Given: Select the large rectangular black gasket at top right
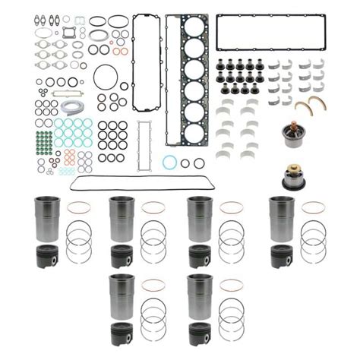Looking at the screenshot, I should point(270,32).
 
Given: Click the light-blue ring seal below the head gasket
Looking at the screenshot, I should point(170,162).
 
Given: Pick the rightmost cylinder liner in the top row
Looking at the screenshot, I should point(281,219).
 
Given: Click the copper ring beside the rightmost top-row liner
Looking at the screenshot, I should point(313,207).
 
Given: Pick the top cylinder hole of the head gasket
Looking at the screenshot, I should point(194,30).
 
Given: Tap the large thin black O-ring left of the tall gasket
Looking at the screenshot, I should point(106,77).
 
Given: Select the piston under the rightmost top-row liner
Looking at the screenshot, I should point(282,257).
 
